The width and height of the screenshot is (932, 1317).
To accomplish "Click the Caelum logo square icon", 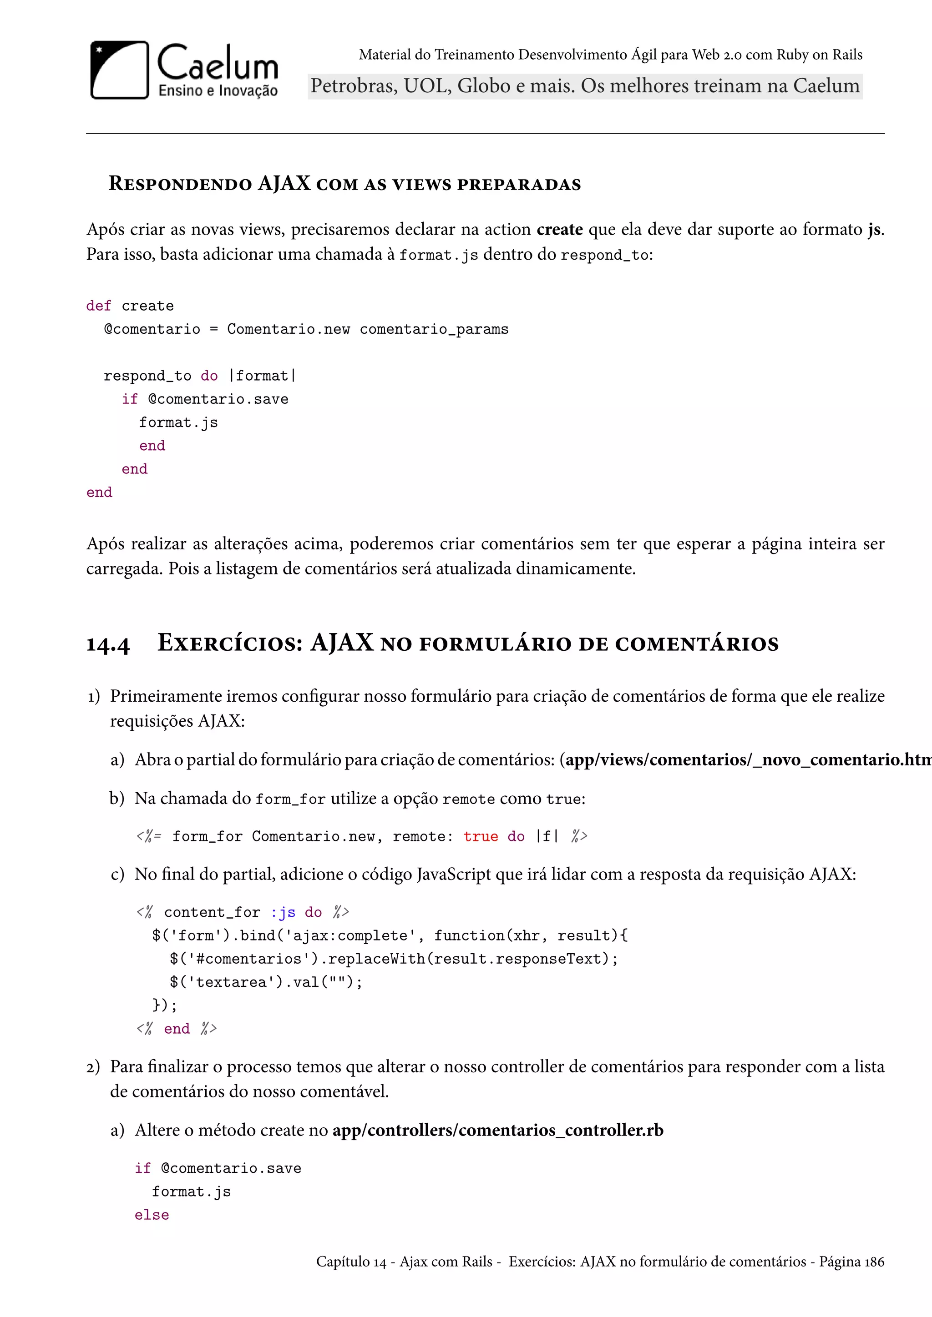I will [119, 70].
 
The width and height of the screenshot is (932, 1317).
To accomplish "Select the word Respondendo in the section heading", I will [180, 184].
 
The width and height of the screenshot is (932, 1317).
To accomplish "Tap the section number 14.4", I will [108, 643].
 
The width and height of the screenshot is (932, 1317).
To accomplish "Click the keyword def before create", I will [98, 306].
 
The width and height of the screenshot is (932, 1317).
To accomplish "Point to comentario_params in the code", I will [434, 329].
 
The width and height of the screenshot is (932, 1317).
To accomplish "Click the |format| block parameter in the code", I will [262, 376].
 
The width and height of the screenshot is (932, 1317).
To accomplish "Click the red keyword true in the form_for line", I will [481, 836].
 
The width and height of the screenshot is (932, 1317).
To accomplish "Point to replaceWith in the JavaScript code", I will [377, 959].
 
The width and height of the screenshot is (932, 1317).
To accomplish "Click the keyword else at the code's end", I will [152, 1215].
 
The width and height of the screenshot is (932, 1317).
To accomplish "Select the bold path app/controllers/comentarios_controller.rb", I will [497, 1130].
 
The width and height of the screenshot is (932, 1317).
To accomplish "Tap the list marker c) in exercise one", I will [118, 874].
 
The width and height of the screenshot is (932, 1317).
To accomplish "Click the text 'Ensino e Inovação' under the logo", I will [218, 90].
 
